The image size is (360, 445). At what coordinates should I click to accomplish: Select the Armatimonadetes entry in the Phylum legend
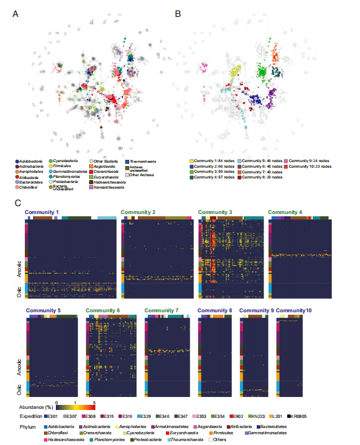[x=167, y=426]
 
